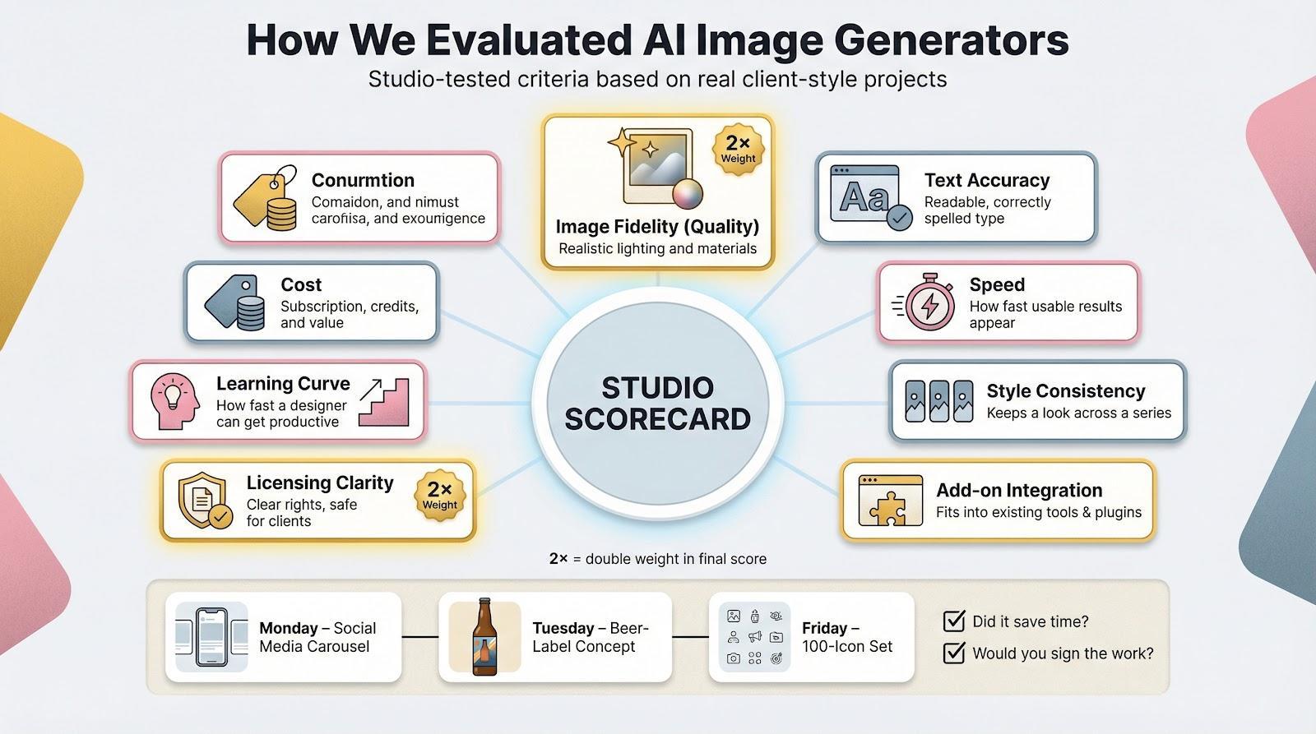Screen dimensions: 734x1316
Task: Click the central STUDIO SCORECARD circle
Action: (x=658, y=403)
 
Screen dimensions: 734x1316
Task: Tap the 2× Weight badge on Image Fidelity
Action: (x=738, y=150)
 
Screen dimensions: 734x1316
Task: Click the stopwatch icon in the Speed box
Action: (x=929, y=303)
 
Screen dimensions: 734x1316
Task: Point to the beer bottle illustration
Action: (x=484, y=637)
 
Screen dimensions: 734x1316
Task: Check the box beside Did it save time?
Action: (x=954, y=621)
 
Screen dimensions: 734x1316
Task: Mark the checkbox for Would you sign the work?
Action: (x=954, y=653)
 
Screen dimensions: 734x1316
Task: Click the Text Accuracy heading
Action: (x=986, y=180)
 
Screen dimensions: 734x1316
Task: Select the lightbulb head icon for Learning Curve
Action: (x=175, y=401)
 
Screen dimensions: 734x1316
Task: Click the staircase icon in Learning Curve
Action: (x=386, y=402)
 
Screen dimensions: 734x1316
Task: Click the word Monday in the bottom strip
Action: (x=288, y=628)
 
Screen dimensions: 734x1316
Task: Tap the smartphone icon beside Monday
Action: (x=211, y=637)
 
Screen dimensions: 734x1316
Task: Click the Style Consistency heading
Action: (x=1065, y=390)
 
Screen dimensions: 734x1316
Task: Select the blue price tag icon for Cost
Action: (x=236, y=302)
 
